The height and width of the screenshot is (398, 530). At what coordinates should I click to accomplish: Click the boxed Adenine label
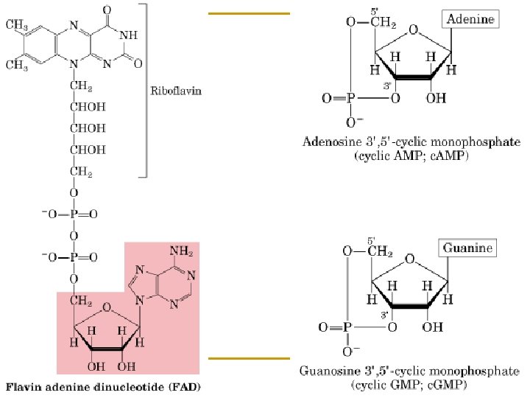[x=469, y=19]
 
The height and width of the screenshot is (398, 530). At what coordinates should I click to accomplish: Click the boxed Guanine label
[x=468, y=248]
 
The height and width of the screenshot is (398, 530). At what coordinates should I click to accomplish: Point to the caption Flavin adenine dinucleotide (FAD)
[x=103, y=385]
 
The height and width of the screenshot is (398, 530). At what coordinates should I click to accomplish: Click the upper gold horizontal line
[x=250, y=13]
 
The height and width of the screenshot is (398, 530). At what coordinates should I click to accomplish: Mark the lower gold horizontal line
[x=250, y=358]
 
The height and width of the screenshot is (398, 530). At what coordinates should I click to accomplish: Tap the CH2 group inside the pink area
[x=81, y=300]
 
